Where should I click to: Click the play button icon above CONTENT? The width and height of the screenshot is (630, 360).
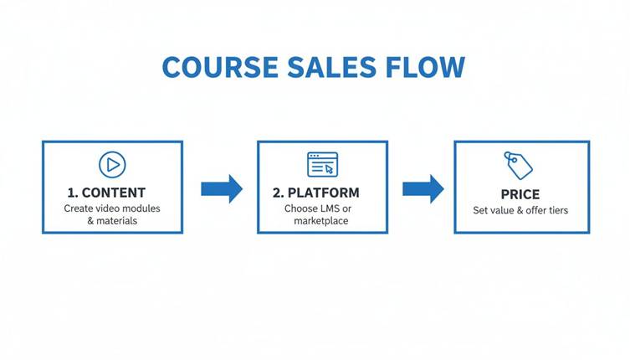tap(111, 164)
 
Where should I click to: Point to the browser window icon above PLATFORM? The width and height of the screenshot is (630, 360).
tap(322, 164)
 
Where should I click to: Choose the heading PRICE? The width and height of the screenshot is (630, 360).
tap(520, 194)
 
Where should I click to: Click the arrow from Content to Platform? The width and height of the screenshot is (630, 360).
tap(222, 188)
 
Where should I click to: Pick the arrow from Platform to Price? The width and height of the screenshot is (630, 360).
tap(423, 188)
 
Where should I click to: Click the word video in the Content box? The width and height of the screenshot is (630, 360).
tap(110, 208)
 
